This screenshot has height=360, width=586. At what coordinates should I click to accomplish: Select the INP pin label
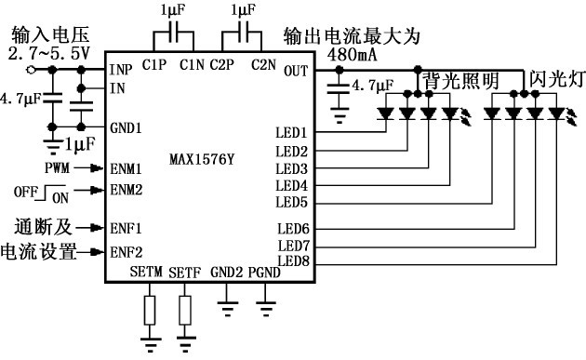pyautogui.click(x=121, y=70)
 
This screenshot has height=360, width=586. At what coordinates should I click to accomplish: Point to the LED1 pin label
pyautogui.click(x=292, y=133)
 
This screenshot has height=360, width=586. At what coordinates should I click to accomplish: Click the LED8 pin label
pyautogui.click(x=292, y=261)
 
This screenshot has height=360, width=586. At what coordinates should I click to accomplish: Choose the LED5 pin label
pyautogui.click(x=292, y=202)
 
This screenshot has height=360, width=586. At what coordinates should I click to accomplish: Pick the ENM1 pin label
pyautogui.click(x=126, y=168)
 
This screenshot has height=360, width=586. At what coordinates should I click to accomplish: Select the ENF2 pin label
pyautogui.click(x=126, y=251)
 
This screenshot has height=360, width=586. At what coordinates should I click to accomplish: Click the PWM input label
pyautogui.click(x=57, y=168)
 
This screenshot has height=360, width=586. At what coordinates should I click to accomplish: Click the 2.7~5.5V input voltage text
pyautogui.click(x=48, y=55)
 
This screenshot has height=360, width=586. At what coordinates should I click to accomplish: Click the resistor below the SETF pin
pyautogui.click(x=185, y=310)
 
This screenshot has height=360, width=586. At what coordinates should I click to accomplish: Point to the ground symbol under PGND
pyautogui.click(x=266, y=301)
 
